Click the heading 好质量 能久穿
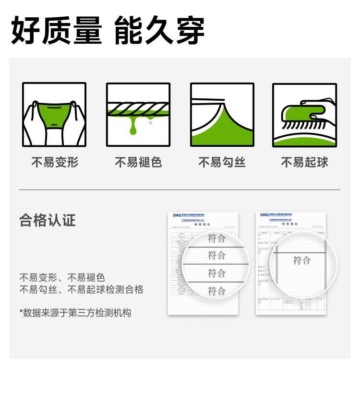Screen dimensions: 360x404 click(108, 30)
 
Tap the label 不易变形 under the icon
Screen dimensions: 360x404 click(55, 163)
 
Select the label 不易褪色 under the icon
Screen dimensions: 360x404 click(138, 163)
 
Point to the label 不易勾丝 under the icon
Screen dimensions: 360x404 click(222, 163)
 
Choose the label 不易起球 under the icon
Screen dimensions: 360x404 click(305, 163)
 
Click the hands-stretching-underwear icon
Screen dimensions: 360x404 click(54, 115)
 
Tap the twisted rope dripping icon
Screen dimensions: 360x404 click(138, 115)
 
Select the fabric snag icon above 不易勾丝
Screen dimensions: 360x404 click(222, 115)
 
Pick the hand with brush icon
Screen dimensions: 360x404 click(305, 115)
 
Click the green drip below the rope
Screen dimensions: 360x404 click(133, 126)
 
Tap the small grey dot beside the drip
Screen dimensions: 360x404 click(150, 123)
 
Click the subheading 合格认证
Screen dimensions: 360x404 click(48, 220)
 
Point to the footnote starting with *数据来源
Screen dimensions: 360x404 click(75, 313)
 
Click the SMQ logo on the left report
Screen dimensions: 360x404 click(177, 215)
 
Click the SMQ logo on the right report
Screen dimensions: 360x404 click(264, 215)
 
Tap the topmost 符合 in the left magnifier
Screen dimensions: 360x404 click(216, 238)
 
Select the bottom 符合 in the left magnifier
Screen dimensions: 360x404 click(216, 290)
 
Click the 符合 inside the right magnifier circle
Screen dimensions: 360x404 click(302, 261)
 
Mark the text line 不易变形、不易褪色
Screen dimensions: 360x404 click(62, 277)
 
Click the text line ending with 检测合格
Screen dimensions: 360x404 click(81, 289)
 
